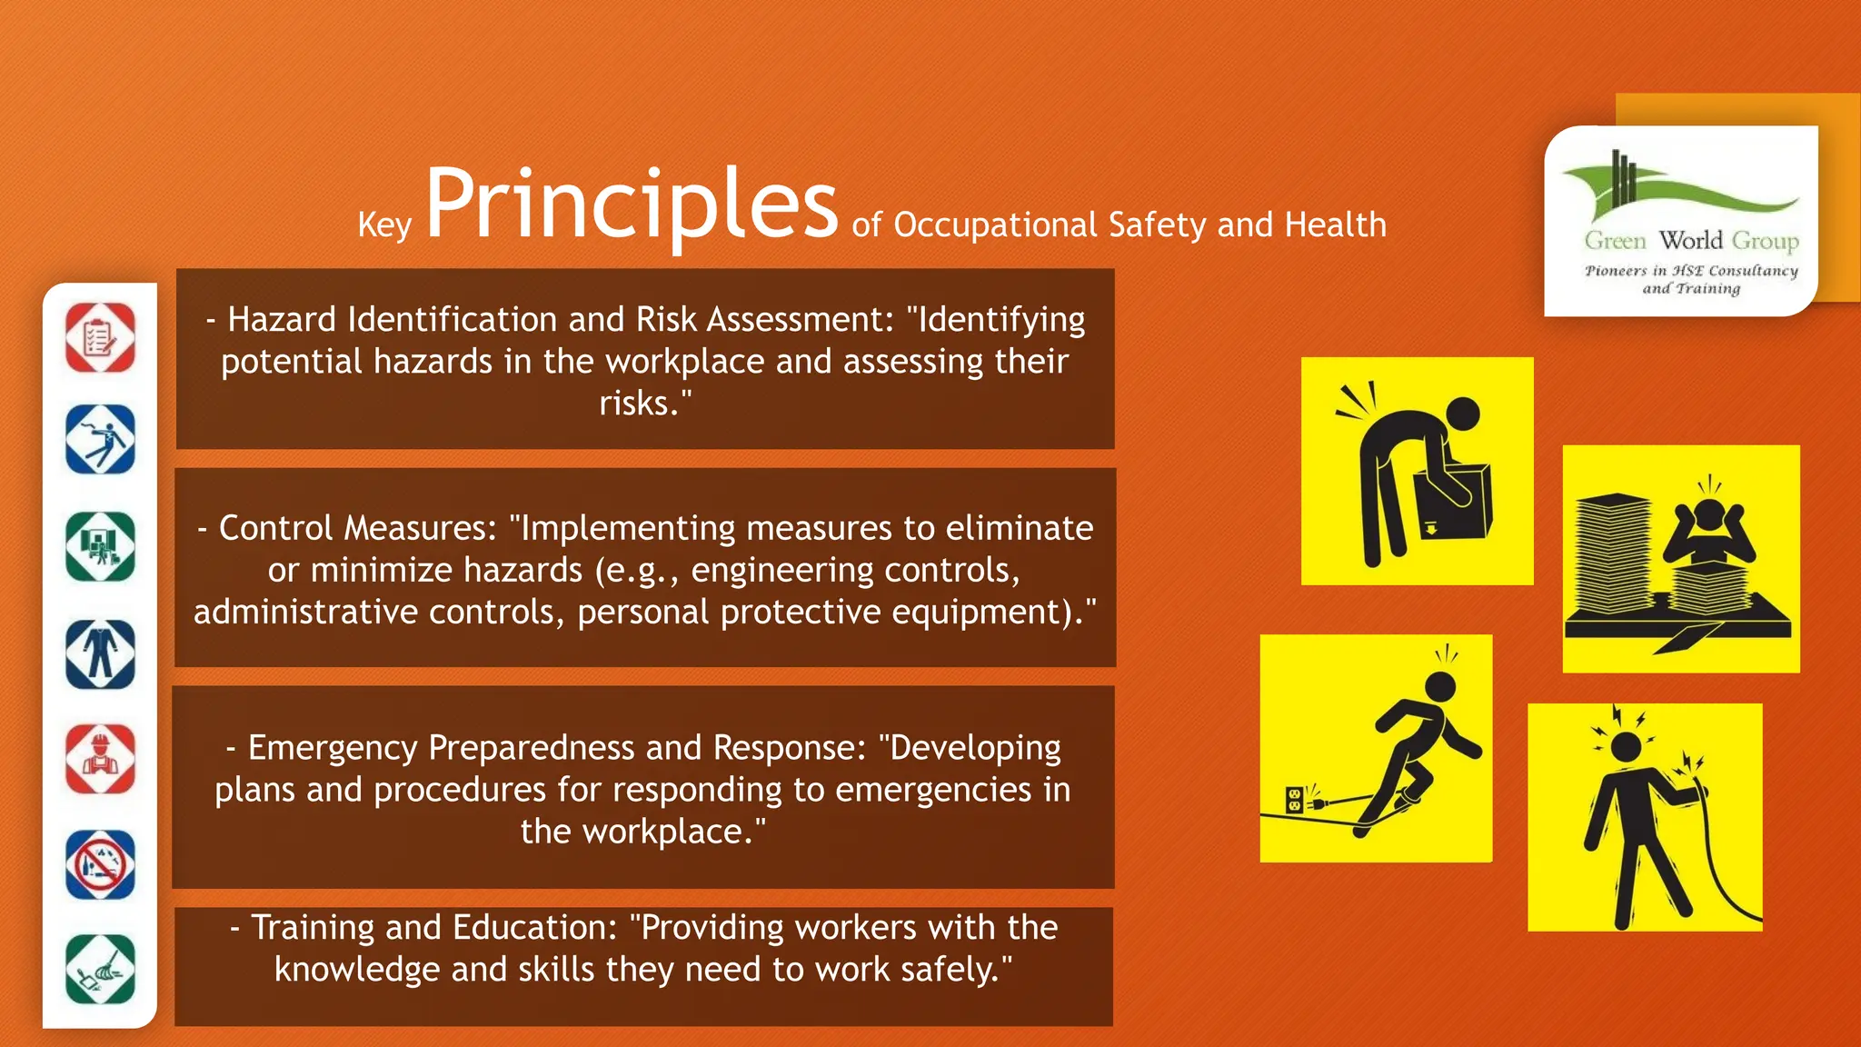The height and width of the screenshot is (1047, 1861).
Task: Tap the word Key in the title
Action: [384, 224]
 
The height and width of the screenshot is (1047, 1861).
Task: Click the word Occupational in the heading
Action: [996, 224]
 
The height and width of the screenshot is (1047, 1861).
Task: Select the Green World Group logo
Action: [1681, 221]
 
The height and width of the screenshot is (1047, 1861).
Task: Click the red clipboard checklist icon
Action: [100, 338]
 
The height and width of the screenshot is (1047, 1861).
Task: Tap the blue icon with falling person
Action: [100, 440]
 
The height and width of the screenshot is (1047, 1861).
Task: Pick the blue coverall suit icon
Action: [100, 653]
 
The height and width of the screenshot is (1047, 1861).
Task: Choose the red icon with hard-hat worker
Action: [100, 759]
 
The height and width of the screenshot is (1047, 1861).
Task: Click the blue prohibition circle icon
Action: [100, 864]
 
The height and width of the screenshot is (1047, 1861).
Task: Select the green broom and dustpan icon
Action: [100, 970]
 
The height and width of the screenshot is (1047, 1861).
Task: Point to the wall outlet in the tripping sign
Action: [1295, 800]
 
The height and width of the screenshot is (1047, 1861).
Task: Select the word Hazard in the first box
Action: [282, 320]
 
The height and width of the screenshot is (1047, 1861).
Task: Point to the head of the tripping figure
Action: [1441, 686]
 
